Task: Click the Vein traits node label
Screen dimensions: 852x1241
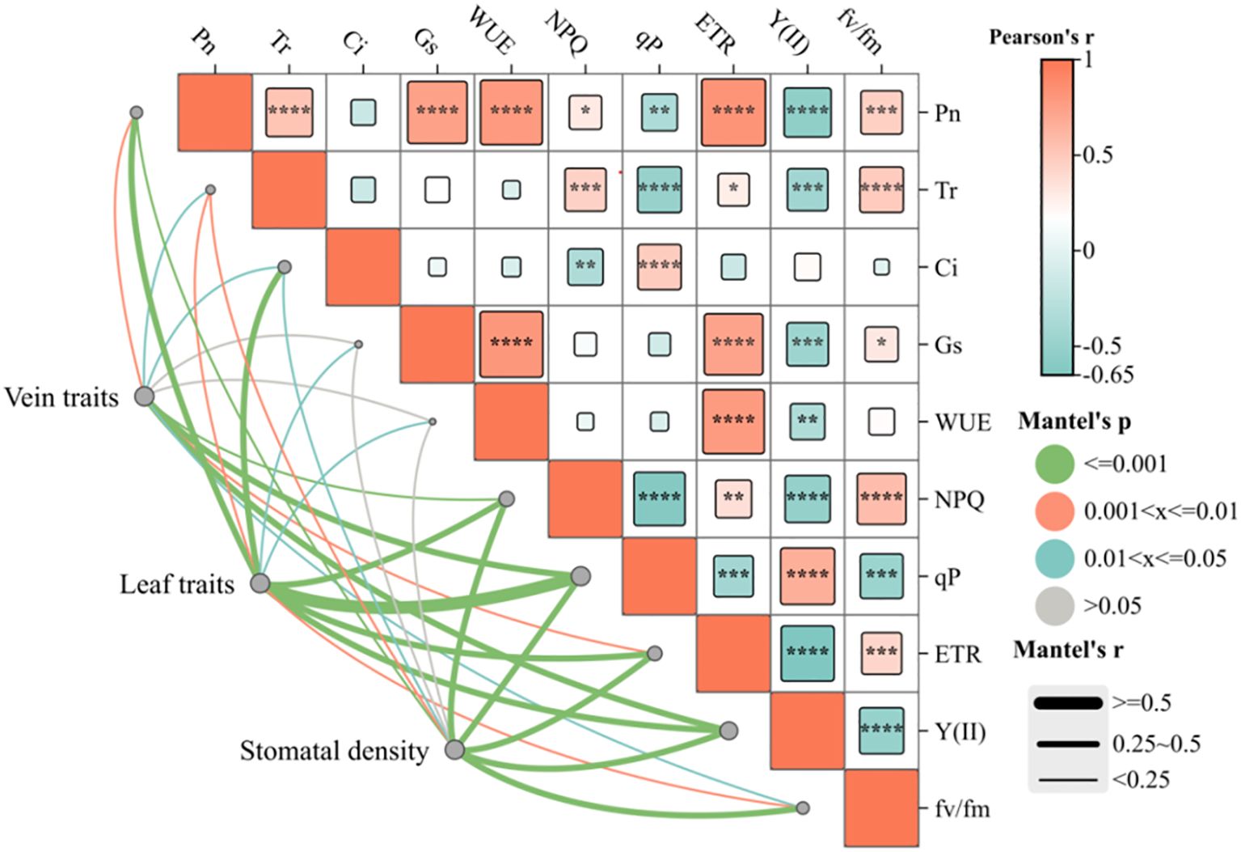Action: pyautogui.click(x=61, y=397)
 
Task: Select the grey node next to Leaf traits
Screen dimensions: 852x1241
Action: pyautogui.click(x=260, y=583)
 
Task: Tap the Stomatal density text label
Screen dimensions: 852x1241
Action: pyautogui.click(x=334, y=751)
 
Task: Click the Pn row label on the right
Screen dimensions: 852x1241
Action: pyautogui.click(x=948, y=112)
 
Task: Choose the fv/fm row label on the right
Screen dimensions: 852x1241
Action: pyautogui.click(x=962, y=808)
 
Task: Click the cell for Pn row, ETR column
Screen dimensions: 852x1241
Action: pyautogui.click(x=733, y=112)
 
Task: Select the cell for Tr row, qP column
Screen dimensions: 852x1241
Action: pyautogui.click(x=659, y=189)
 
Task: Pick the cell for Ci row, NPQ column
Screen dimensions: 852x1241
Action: pyautogui.click(x=585, y=267)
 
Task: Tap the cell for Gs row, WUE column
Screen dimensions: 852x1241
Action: pyautogui.click(x=511, y=344)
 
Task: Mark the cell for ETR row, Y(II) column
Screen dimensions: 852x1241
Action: pyautogui.click(x=807, y=652)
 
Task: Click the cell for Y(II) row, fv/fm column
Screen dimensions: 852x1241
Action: pyautogui.click(x=881, y=730)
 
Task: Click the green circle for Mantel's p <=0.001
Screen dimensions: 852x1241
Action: pyautogui.click(x=1054, y=464)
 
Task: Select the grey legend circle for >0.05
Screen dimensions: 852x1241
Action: pyautogui.click(x=1054, y=605)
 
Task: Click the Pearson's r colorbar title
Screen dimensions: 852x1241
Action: pyautogui.click(x=1041, y=37)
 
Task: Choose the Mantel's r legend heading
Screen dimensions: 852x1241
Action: pyautogui.click(x=1067, y=650)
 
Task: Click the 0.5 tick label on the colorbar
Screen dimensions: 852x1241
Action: pyautogui.click(x=1098, y=155)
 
